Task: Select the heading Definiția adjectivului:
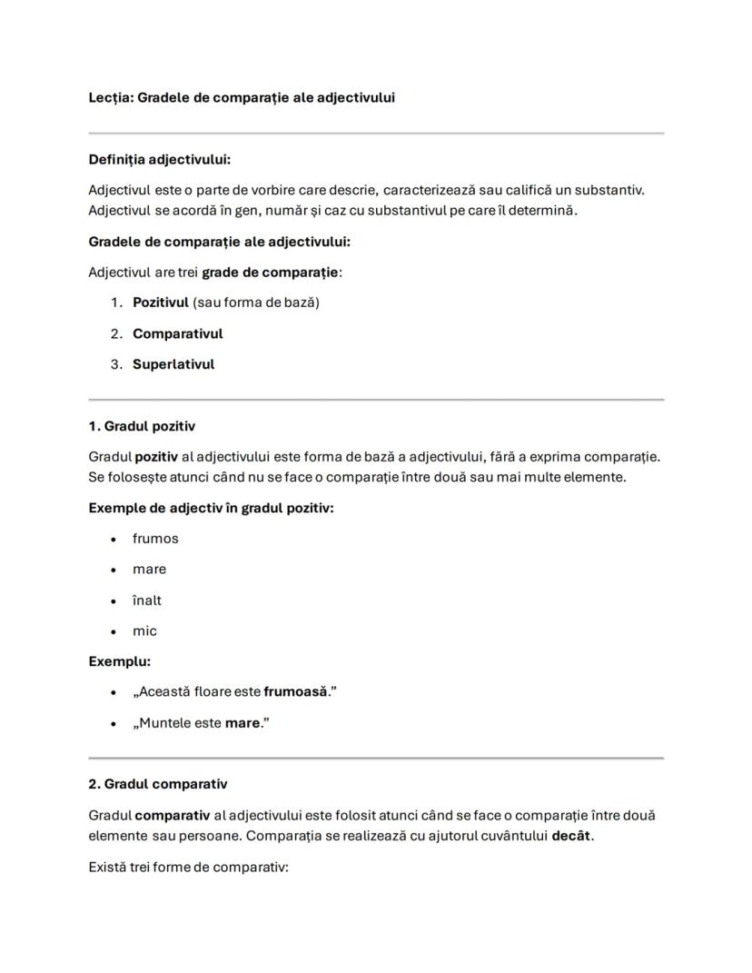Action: pyautogui.click(x=159, y=160)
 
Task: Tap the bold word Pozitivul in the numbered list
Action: pyautogui.click(x=160, y=303)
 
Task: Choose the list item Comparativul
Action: pyautogui.click(x=177, y=333)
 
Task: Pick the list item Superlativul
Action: pyautogui.click(x=173, y=364)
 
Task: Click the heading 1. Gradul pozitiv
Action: pyautogui.click(x=142, y=426)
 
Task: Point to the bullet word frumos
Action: pyautogui.click(x=155, y=539)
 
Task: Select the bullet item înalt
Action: pyautogui.click(x=147, y=601)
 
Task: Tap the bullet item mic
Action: pyautogui.click(x=144, y=631)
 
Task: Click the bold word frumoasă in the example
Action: pyautogui.click(x=295, y=692)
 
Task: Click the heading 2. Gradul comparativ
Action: pyautogui.click(x=158, y=784)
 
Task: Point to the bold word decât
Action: pyautogui.click(x=570, y=836)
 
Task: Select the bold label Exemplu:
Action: pyautogui.click(x=119, y=661)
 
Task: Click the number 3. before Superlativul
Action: pyautogui.click(x=116, y=364)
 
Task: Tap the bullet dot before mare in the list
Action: pyautogui.click(x=114, y=571)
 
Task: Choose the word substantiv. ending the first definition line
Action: pyautogui.click(x=611, y=190)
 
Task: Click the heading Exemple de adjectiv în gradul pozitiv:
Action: pyautogui.click(x=211, y=508)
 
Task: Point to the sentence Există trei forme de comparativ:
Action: pyautogui.click(x=188, y=867)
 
